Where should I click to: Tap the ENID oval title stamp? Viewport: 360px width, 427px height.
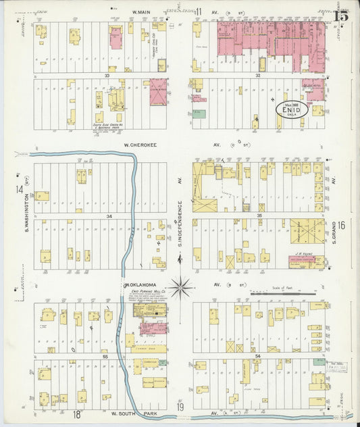coord(292,109)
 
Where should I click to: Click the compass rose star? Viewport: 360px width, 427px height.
coord(180,288)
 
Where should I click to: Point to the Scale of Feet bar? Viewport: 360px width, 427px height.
coord(283,294)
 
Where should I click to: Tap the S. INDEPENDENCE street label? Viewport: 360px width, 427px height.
coord(181,223)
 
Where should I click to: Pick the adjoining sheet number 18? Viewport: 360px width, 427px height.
coord(77,413)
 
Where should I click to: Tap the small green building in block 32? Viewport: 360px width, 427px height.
coord(199,114)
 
